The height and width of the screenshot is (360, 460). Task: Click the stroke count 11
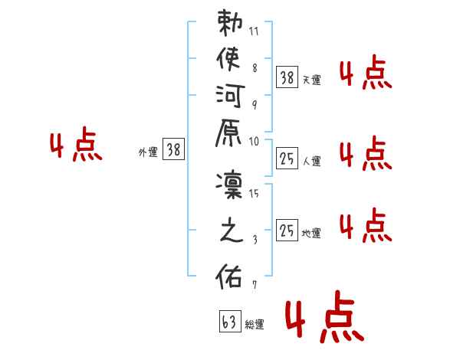pos(254,32)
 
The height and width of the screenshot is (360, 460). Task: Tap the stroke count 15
pos(254,193)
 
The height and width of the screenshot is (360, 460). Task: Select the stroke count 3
pos(254,240)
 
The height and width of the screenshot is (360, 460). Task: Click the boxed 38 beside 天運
pos(287,77)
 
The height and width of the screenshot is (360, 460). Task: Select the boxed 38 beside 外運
pos(174,150)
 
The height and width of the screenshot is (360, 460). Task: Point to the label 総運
pos(255,325)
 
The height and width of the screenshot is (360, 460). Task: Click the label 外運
pos(148,153)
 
